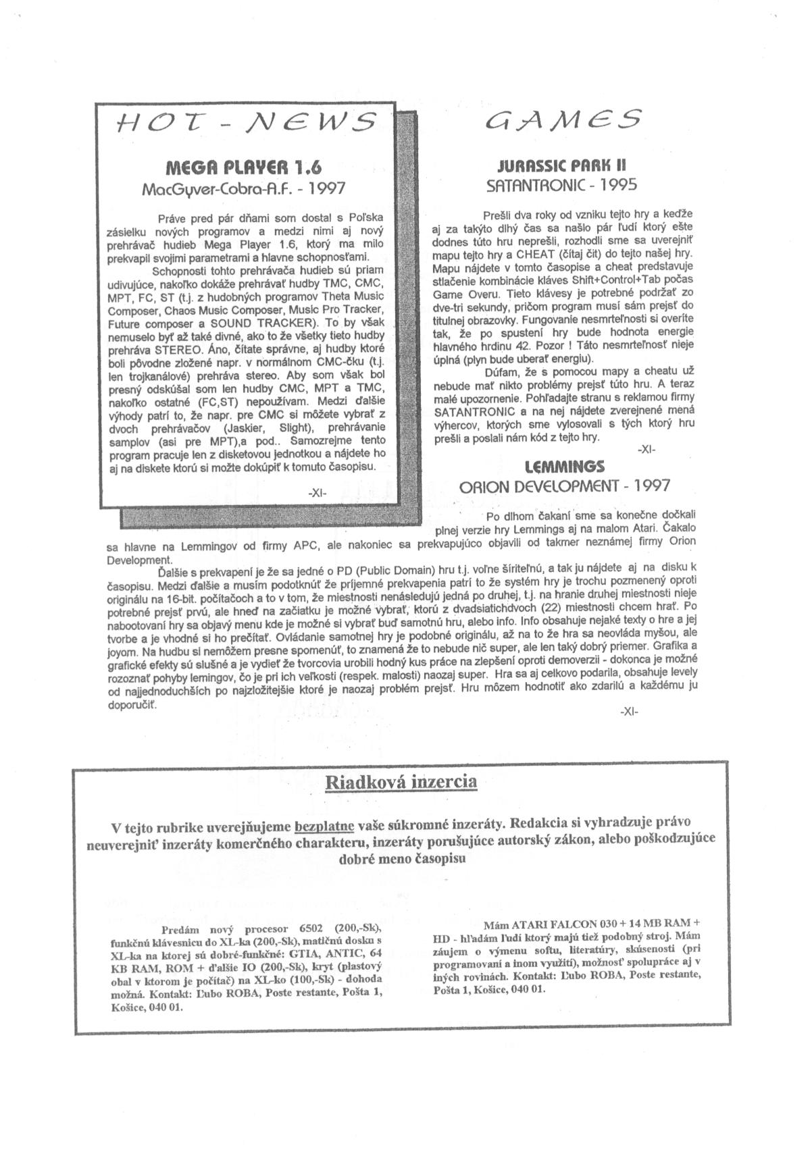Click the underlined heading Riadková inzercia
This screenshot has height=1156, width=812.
pos(401,782)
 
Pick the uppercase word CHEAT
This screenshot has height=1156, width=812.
pos(515,255)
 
